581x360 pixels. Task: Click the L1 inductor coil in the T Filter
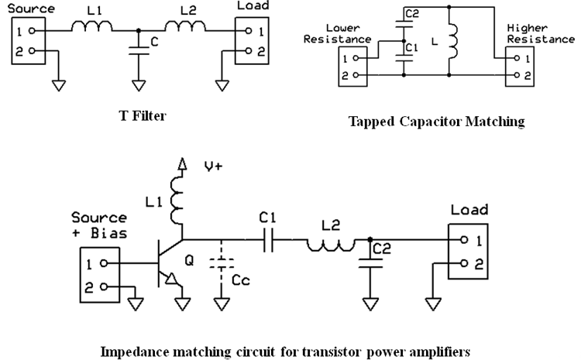click(92, 29)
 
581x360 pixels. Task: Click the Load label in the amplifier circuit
click(469, 210)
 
